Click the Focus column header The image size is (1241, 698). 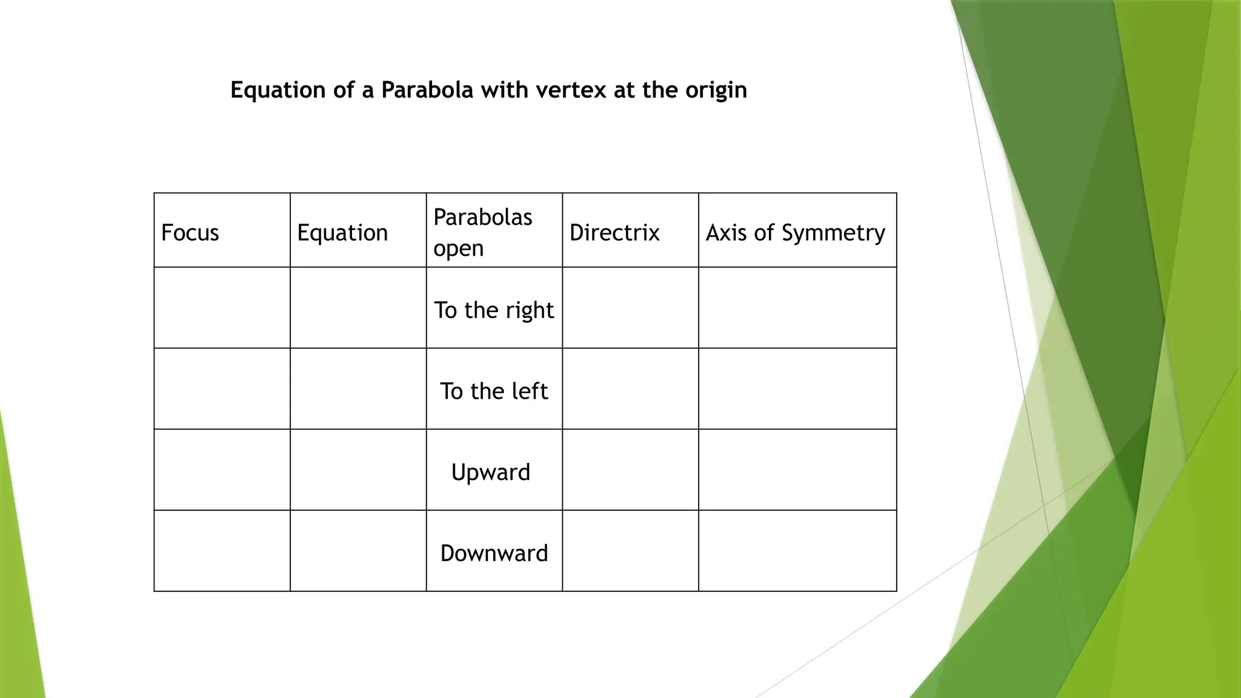point(190,233)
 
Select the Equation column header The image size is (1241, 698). point(342,233)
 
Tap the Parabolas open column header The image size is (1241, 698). point(482,233)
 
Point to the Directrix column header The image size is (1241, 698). point(614,233)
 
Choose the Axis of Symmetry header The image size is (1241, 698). point(795,233)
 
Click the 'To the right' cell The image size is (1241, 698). point(494,310)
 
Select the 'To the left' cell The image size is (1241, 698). point(494,391)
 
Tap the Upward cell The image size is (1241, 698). point(491,472)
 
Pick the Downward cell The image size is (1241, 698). point(494,553)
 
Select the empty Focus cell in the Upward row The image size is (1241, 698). point(222,470)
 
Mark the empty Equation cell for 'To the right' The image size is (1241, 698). point(358,308)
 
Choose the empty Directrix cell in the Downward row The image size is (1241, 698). point(630,551)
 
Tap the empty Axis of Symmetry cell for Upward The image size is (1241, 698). point(797,470)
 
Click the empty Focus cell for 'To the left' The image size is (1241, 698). point(222,388)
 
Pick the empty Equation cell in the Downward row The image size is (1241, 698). point(358,551)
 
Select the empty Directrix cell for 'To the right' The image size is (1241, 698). point(630,308)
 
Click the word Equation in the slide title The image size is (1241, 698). point(278,90)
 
